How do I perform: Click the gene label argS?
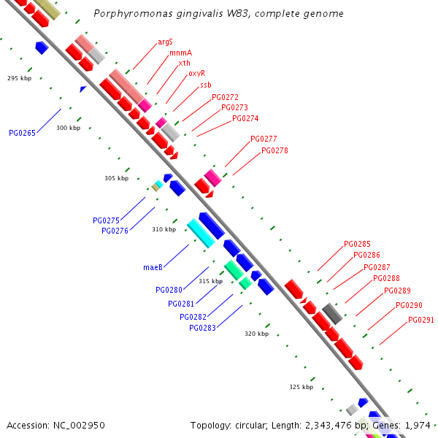(165, 42)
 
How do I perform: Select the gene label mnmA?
(180, 53)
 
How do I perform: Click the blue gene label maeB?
(153, 267)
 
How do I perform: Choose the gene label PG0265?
(22, 133)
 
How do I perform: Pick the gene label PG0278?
(274, 150)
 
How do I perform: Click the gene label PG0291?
(421, 320)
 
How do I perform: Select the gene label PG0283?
(202, 328)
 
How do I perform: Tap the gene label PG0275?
(106, 220)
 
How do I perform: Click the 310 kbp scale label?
(164, 229)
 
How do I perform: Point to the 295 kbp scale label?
(20, 77)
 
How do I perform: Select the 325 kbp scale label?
(301, 387)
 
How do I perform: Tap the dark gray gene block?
(332, 313)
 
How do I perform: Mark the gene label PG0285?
(357, 244)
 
